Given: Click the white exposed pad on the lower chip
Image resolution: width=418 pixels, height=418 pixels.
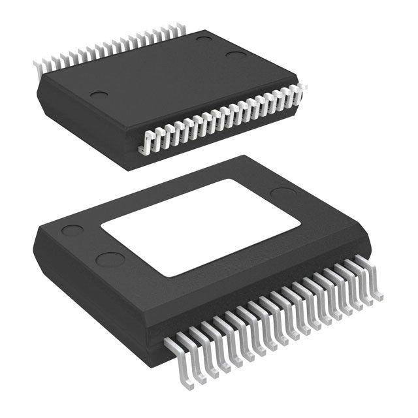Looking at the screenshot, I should click(199, 225).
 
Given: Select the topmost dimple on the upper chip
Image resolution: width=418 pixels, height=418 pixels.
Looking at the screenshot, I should click(204, 40).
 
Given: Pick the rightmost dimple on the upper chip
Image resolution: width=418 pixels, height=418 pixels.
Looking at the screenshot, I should click(236, 54).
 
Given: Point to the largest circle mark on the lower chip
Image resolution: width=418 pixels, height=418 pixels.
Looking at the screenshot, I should click(110, 259).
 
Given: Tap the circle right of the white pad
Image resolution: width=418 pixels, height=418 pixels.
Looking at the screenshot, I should click(283, 193).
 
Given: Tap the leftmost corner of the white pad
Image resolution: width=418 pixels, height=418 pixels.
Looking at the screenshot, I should click(101, 226).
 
